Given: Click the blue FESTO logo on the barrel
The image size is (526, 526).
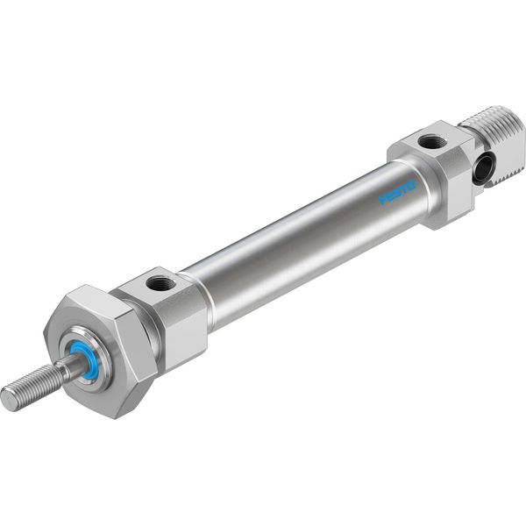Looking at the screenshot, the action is point(397,193).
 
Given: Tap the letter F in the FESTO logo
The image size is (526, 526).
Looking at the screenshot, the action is point(382,200).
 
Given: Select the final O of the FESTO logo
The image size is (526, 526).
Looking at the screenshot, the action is point(412,186).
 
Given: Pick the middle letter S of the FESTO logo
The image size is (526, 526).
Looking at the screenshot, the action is point(397,193).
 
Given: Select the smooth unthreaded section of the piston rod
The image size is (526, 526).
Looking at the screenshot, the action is point(70,366).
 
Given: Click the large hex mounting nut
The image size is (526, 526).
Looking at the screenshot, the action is point(101,349).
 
